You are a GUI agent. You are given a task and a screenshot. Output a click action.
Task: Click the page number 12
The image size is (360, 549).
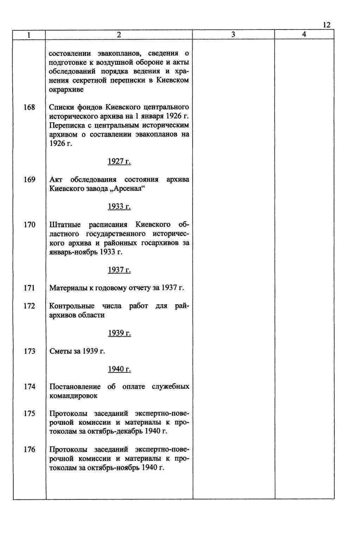click(326, 25)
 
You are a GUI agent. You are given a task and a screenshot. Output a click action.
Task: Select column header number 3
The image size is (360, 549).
click(233, 34)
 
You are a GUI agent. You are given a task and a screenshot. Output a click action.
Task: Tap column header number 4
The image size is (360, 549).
click(304, 34)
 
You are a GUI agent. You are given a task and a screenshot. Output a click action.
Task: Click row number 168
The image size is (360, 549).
click(30, 107)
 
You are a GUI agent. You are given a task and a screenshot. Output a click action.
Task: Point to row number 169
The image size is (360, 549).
click(30, 180)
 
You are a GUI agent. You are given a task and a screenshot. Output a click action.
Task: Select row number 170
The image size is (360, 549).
click(30, 225)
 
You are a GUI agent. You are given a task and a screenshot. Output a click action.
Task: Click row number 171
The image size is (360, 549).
click(30, 288)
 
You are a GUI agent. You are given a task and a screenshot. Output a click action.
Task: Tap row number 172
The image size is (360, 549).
click(30, 306)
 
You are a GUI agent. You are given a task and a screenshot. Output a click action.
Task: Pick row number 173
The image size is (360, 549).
click(30, 351)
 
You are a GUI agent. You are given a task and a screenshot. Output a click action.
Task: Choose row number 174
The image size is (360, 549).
click(30, 387)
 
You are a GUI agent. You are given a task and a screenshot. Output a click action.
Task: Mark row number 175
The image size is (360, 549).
click(30, 414)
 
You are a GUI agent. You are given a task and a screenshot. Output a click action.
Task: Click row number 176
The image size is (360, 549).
click(30, 449)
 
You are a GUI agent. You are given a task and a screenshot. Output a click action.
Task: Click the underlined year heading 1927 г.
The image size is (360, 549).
click(119, 161)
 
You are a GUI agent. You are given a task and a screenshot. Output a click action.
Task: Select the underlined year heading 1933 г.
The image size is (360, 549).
click(119, 206)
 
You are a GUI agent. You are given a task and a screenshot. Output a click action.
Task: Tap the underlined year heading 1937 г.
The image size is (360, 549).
click(119, 270)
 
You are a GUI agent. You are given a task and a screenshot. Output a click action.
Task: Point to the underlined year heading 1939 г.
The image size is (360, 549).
click(119, 333)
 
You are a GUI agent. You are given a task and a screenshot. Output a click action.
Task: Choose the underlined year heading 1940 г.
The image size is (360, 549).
click(119, 369)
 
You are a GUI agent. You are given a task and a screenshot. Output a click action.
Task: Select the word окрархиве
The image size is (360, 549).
click(66, 89)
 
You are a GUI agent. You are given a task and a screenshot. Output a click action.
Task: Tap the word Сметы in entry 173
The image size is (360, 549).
click(60, 351)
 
